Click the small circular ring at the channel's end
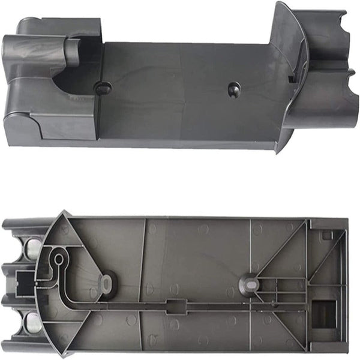pos(58,259)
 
